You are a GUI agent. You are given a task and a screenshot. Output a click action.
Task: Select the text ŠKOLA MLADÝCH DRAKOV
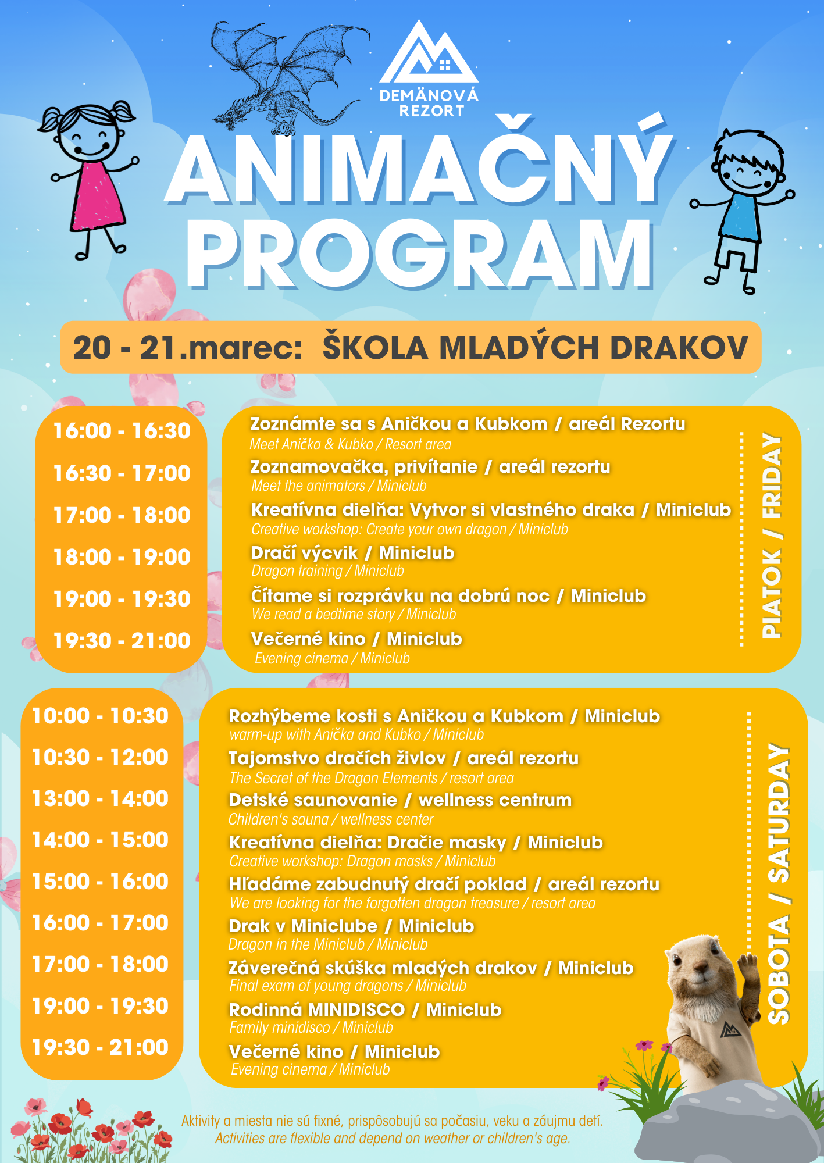pos(535,347)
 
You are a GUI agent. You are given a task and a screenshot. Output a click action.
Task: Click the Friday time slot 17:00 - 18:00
pos(122,515)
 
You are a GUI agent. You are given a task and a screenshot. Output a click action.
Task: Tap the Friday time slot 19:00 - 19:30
pos(122,599)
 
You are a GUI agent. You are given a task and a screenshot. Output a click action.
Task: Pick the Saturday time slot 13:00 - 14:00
pos(100,798)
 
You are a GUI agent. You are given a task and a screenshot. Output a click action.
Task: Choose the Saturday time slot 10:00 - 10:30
pos(100,716)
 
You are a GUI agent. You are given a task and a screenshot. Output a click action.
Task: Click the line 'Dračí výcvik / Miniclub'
pos(352,552)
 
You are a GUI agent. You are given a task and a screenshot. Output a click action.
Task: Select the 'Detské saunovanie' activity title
pos(313,800)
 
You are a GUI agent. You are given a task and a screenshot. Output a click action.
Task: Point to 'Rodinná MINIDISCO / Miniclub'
pos(365,1010)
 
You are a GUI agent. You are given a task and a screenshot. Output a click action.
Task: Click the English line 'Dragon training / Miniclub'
pos(327,571)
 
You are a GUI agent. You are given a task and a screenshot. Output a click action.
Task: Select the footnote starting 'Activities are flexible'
pos(393,1139)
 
